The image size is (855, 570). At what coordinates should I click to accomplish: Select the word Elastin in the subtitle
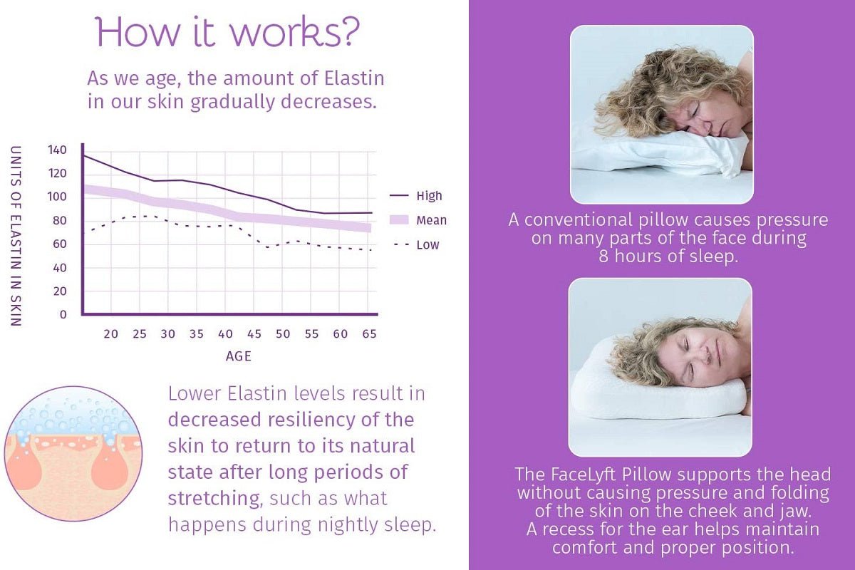tap(354, 78)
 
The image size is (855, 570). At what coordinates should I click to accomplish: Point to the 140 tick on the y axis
tap(57, 150)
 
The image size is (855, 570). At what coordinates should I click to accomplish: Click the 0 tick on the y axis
tap(63, 315)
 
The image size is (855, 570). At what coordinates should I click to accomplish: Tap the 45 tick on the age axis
tap(254, 334)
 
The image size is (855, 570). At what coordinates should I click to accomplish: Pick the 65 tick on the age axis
tap(369, 334)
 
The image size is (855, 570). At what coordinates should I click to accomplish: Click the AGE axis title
tap(239, 356)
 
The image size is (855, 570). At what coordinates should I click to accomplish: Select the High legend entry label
tap(430, 196)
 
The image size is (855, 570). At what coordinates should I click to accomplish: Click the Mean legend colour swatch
tap(399, 220)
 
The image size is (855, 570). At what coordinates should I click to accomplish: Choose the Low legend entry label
tap(428, 244)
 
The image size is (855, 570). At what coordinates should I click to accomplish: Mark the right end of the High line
tap(372, 212)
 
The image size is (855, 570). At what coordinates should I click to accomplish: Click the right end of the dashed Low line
tap(370, 250)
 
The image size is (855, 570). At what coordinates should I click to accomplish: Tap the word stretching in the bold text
tap(214, 499)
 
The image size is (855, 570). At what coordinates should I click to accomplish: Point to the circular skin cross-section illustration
tap(73, 454)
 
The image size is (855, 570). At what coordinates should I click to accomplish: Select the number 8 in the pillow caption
tap(603, 256)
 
